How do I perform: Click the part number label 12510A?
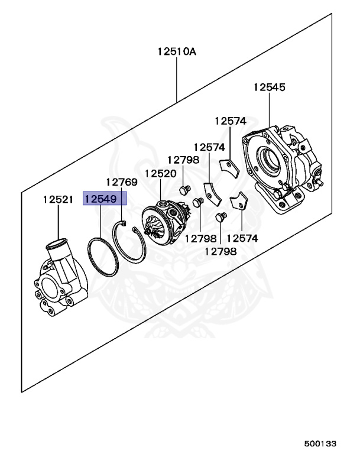coord(176,51)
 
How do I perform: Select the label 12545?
coord(269,87)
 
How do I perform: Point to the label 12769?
coord(122,182)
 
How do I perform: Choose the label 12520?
coord(160,174)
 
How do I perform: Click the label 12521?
coord(58,199)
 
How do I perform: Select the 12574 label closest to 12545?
coord(230,121)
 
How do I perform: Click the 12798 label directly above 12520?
coord(183,160)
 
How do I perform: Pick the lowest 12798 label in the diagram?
coord(220,251)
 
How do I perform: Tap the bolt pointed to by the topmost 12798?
coord(183,189)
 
